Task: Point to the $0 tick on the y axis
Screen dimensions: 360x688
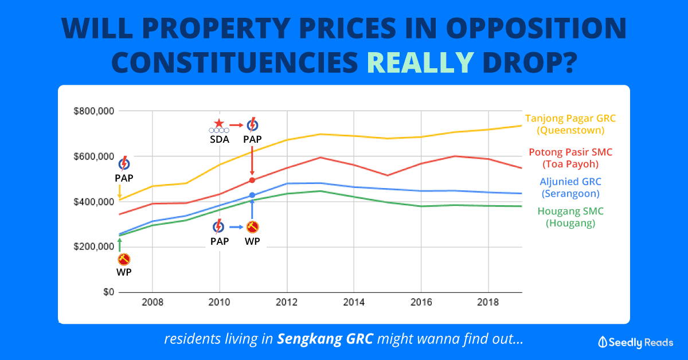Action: tap(107, 292)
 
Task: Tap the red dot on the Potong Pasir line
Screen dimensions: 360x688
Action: tap(252, 180)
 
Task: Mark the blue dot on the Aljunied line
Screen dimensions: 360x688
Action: tap(252, 195)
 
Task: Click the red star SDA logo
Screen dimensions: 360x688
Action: tap(218, 123)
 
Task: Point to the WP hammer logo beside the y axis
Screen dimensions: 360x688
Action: tap(123, 260)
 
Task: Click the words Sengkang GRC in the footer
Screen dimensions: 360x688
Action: tap(325, 339)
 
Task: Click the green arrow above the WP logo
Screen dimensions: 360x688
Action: tap(119, 244)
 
